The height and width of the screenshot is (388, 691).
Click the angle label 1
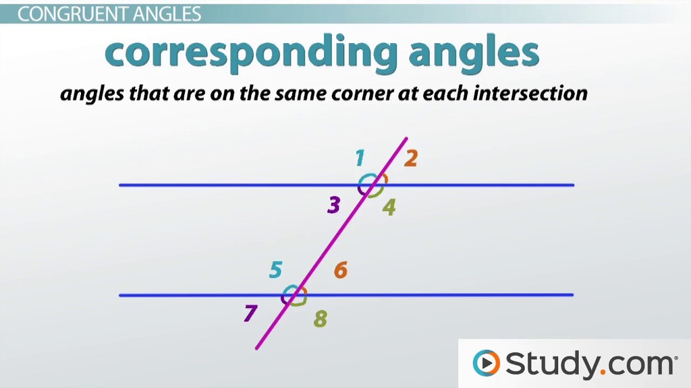tap(360, 158)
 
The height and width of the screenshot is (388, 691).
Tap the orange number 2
tap(411, 158)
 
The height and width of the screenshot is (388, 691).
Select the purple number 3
tap(334, 205)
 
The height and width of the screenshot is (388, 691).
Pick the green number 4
tap(389, 207)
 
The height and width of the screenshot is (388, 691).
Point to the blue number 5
tap(276, 269)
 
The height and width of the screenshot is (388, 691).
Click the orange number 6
tap(341, 269)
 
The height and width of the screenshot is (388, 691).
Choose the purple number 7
tap(250, 313)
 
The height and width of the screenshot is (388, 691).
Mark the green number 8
tap(321, 319)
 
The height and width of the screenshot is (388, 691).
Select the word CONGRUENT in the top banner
tap(73, 15)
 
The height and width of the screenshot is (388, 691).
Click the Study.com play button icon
tap(486, 363)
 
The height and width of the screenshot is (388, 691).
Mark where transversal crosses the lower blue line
tap(294, 295)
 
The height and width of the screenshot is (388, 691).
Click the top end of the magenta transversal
tap(406, 139)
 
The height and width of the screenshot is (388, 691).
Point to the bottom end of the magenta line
tap(256, 348)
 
